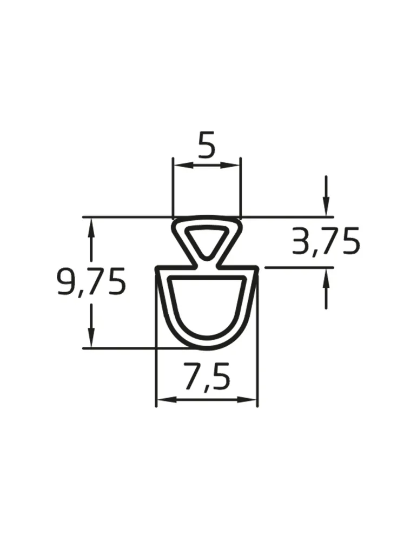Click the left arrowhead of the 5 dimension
(182, 165)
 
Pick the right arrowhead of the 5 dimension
(231, 165)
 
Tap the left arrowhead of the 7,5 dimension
(167, 400)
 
